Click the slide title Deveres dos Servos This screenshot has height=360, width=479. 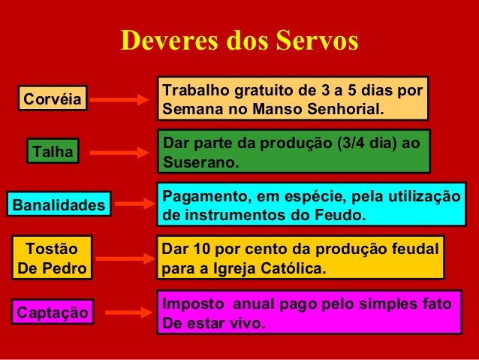click(239, 42)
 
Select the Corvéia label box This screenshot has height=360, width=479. click(53, 98)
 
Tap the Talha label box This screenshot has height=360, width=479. click(53, 153)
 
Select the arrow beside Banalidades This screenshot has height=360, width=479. click(133, 204)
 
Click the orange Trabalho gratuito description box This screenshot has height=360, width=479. click(292, 98)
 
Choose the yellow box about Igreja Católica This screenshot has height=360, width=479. click(300, 258)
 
